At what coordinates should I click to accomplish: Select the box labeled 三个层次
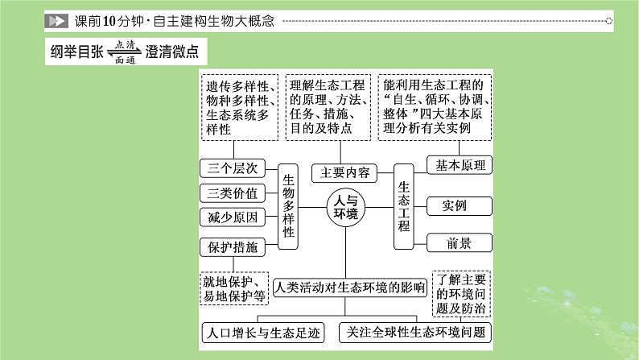coord(232,168)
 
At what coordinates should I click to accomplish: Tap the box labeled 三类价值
coord(232,193)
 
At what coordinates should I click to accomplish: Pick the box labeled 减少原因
coord(232,217)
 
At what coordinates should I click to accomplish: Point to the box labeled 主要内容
coord(344,172)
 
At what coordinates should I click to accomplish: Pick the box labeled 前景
coord(459,243)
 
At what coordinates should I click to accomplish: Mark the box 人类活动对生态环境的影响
coord(349,286)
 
